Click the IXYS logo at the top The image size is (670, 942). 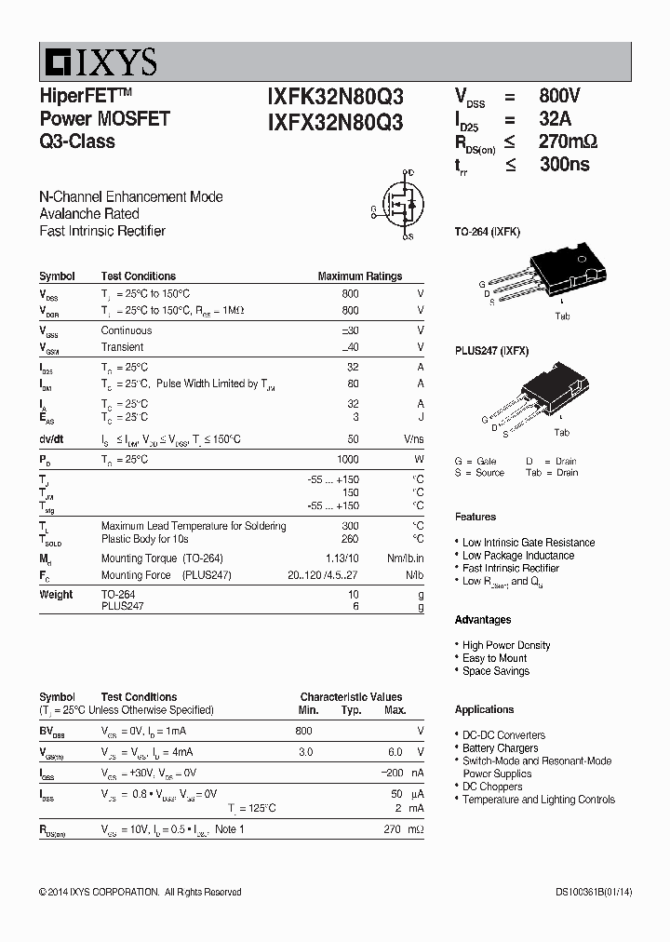[x=99, y=61]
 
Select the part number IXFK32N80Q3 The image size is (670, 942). [x=335, y=97]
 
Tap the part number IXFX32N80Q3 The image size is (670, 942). [x=335, y=121]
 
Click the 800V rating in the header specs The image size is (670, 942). [x=559, y=96]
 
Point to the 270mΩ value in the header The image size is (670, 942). [x=568, y=142]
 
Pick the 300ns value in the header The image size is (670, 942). [x=564, y=165]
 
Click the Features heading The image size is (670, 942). [x=476, y=517]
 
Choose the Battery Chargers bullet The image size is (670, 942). [x=500, y=747]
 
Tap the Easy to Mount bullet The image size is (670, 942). [x=494, y=658]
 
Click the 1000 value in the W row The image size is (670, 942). [x=347, y=460]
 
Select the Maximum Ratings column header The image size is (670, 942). [x=359, y=276]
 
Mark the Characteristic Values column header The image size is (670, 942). [x=351, y=696]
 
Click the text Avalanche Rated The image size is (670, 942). [x=89, y=214]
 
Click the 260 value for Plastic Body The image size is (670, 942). [x=350, y=539]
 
